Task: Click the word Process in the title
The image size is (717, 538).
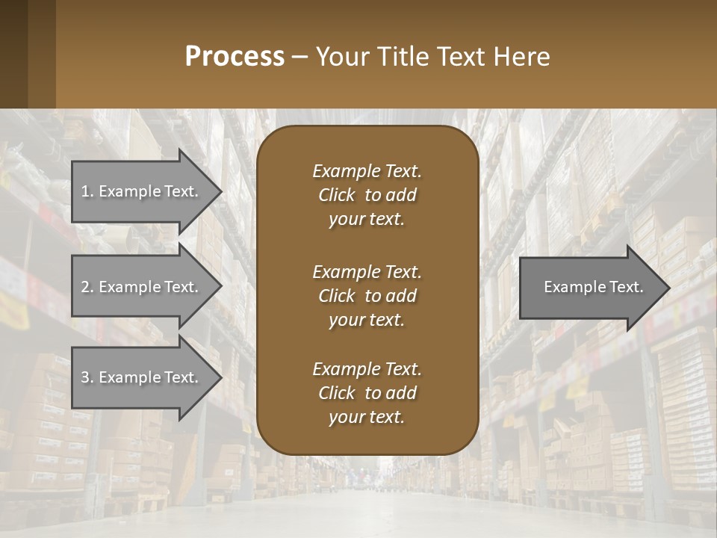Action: tap(235, 57)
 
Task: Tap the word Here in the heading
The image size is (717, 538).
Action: tap(521, 57)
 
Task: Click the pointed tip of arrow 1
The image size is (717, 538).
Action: tap(219, 191)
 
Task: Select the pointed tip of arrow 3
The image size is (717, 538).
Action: tap(219, 377)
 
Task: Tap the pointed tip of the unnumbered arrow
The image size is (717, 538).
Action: tap(667, 288)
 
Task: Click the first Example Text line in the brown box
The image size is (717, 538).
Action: tap(367, 171)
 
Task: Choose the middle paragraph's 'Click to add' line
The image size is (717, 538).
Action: tap(367, 296)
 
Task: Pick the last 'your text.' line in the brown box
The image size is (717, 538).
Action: tap(367, 418)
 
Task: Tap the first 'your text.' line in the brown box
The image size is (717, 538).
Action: tap(367, 220)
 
